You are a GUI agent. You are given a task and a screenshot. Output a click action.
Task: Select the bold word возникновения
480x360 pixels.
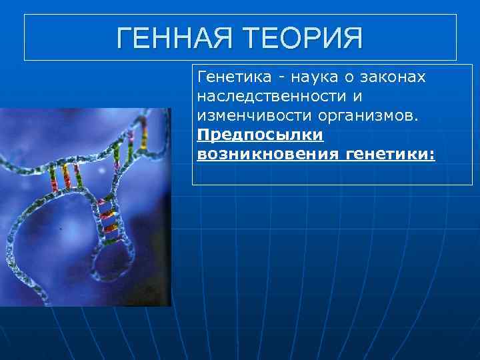coord(269,155)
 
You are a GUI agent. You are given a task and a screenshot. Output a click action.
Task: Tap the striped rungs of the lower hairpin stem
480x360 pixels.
coord(107,217)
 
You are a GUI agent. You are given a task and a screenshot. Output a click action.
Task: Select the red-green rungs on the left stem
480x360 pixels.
coord(64,176)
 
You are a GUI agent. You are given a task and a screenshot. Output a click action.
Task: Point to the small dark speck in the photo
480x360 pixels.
coord(61,229)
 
